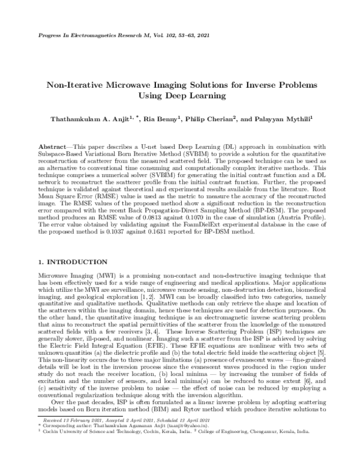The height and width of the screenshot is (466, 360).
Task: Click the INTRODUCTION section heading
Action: tap(76, 262)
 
